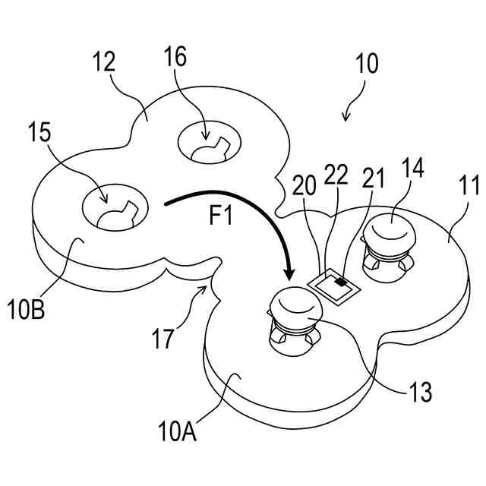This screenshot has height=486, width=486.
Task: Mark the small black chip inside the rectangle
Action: point(342,282)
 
